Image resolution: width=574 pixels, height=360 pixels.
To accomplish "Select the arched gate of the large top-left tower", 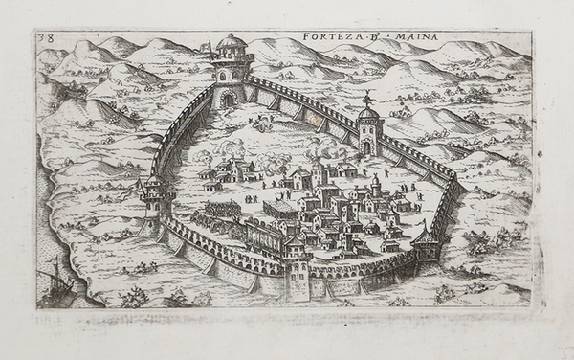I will tap(228, 97).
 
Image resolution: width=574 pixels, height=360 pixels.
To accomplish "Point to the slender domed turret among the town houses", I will tap(376, 183).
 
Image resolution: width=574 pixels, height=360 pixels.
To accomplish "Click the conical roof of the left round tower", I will tap(155, 181).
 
